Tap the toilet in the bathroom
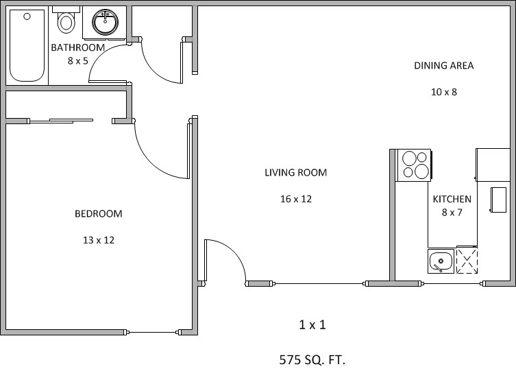[66, 23]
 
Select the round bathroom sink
[105, 22]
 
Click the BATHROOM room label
[78, 47]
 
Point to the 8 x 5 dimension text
[78, 60]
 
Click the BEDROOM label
[98, 213]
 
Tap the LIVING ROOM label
[295, 173]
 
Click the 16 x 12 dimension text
[295, 199]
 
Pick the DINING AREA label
[443, 66]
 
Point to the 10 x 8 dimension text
[443, 92]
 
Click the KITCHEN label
[452, 199]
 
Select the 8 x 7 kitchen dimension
[452, 212]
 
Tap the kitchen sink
[441, 261]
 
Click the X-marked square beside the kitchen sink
[467, 261]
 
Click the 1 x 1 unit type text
[312, 324]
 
